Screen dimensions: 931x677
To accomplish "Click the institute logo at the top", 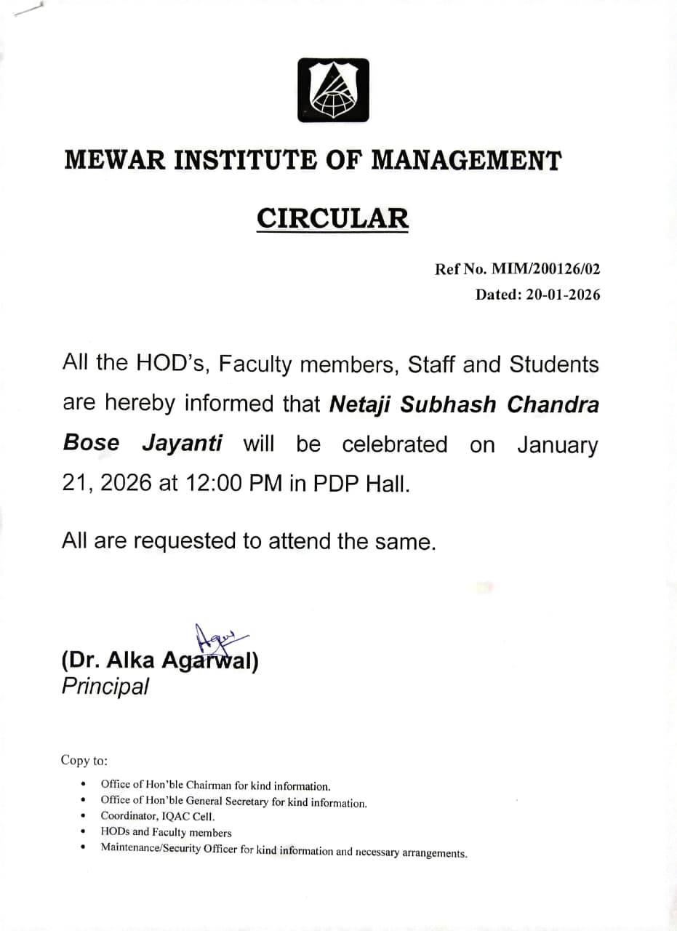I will tap(332, 90).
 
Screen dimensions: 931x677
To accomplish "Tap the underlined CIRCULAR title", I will tap(332, 218).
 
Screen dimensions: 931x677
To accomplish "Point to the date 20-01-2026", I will tap(558, 295).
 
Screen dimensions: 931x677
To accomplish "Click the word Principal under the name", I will tap(105, 686).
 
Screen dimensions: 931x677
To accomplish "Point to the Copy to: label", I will tap(84, 761).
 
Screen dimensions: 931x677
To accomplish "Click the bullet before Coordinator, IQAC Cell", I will tap(84, 816).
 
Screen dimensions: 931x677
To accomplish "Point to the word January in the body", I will tap(557, 444).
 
